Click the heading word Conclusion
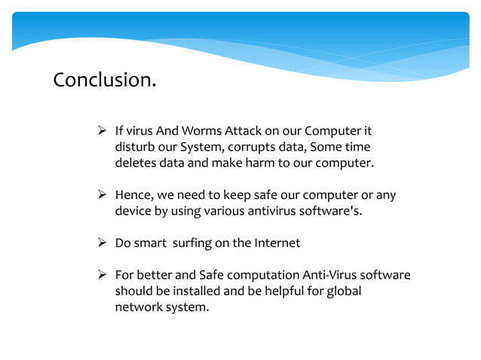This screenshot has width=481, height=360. [x=104, y=80]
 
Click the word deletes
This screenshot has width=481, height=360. [x=135, y=163]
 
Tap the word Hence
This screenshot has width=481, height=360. [x=133, y=195]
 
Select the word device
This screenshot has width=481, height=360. [x=133, y=211]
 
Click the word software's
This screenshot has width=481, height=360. [x=329, y=211]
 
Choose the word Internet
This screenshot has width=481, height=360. [x=275, y=243]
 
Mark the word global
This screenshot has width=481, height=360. [x=344, y=291]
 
